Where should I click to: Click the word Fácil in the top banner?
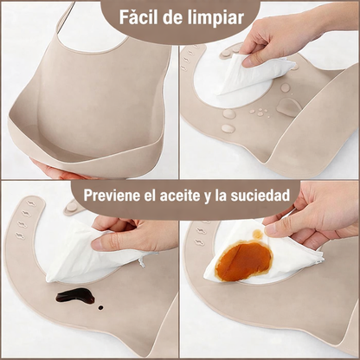[142, 17]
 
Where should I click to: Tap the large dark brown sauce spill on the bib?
[74, 296]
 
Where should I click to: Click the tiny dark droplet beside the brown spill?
[100, 307]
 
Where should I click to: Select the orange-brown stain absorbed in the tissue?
[244, 260]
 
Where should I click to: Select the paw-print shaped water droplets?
[259, 112]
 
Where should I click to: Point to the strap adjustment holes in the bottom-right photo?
[200, 234]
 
